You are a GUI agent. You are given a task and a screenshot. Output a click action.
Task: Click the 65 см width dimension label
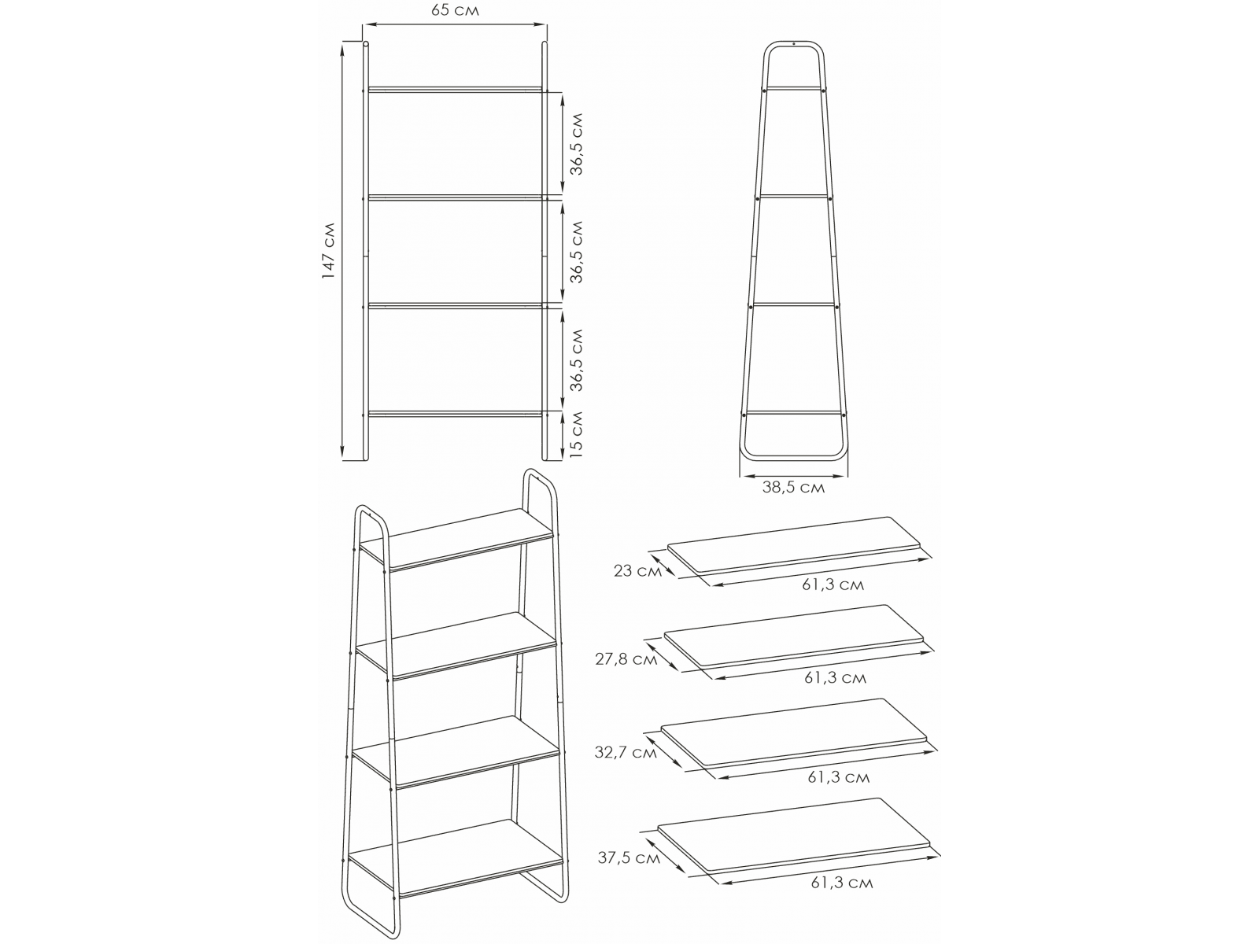point(455,10)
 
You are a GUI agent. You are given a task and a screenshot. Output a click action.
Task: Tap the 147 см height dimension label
point(329,250)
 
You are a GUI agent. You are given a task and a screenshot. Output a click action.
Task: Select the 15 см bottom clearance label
point(577,434)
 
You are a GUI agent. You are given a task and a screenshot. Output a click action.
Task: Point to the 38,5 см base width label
point(793,488)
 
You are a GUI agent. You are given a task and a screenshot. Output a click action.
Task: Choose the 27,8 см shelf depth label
point(626,659)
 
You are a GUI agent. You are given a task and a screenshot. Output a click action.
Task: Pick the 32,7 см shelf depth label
point(626,752)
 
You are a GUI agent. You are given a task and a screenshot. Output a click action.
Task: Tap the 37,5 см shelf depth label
point(629,857)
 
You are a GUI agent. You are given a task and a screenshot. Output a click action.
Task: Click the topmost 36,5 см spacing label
point(577,144)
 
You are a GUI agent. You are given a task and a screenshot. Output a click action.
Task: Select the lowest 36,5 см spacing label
point(577,360)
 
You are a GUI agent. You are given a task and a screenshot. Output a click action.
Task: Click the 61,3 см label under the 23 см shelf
point(833,584)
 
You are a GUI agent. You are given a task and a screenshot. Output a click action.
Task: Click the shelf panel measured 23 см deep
point(794,544)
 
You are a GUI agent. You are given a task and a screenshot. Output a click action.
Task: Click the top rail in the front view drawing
point(456,90)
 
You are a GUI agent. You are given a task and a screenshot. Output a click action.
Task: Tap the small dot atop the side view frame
point(793,43)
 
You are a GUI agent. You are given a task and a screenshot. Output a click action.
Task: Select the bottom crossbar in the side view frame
point(794,411)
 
